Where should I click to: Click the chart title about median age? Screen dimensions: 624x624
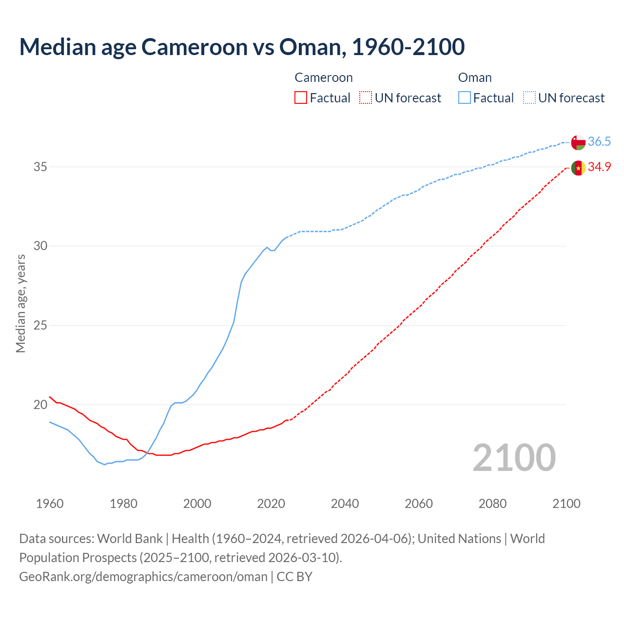(242, 47)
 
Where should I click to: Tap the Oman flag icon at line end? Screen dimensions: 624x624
(578, 142)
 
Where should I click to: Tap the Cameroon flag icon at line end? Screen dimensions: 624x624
(578, 168)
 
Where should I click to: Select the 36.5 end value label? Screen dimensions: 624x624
(599, 142)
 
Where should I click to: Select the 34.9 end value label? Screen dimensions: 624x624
(599, 167)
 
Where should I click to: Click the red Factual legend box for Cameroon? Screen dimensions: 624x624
(301, 98)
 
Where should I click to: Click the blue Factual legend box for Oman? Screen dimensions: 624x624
(464, 98)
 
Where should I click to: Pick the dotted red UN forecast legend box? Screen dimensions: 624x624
(366, 98)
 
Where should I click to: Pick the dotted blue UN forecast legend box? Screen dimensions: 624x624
(529, 98)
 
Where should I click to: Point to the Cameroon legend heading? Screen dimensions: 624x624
(323, 78)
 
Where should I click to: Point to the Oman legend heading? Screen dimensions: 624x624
(474, 78)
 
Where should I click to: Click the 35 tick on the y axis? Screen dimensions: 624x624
(40, 167)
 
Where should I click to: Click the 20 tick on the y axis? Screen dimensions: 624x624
(40, 405)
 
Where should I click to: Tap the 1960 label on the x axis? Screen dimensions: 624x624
(50, 504)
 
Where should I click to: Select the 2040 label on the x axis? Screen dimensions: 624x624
(345, 504)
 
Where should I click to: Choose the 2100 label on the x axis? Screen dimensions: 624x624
(566, 504)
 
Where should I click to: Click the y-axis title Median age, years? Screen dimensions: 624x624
(20, 303)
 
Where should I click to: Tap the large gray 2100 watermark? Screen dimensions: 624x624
(514, 457)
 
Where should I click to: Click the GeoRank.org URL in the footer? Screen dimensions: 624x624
(143, 577)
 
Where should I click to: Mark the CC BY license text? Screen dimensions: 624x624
(294, 577)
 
